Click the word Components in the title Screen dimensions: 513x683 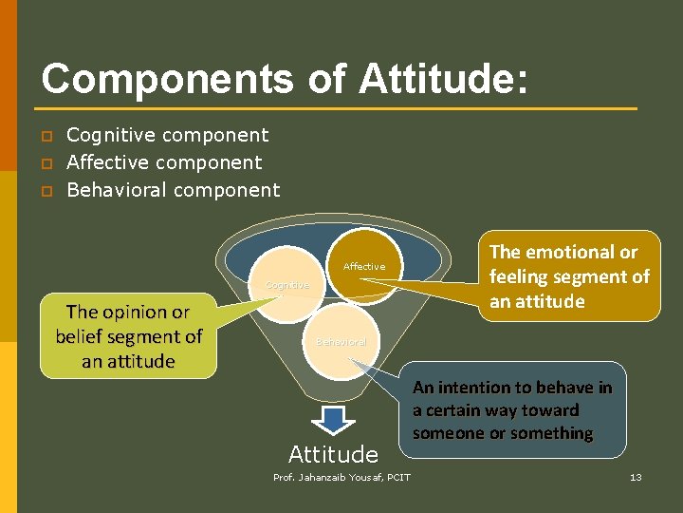click(167, 79)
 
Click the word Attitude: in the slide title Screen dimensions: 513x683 click(442, 79)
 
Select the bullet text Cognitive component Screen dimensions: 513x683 click(167, 135)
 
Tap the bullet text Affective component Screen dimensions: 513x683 click(164, 162)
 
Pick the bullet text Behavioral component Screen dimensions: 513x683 click(174, 190)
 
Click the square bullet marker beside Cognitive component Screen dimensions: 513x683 click(45, 136)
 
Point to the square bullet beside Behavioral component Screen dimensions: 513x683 click(45, 191)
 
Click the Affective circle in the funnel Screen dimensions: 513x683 click(364, 268)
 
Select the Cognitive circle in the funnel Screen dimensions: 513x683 click(286, 285)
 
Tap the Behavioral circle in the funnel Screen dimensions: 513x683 click(341, 341)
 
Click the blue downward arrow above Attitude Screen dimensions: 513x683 click(332, 420)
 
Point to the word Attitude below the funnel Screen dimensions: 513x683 click(333, 454)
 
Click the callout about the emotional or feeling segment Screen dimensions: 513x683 click(569, 276)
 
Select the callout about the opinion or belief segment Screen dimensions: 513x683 click(128, 336)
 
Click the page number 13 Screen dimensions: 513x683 click(636, 477)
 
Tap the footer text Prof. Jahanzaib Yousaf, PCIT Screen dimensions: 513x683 click(341, 477)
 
